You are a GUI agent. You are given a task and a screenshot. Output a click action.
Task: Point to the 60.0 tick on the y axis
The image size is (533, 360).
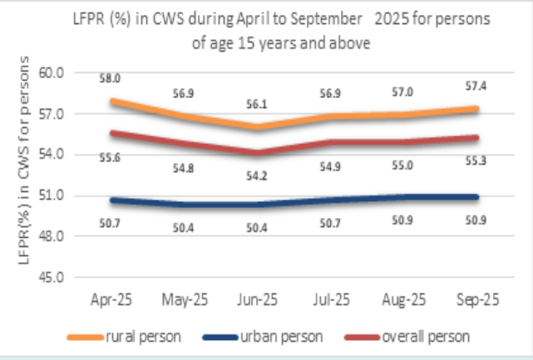[52, 73]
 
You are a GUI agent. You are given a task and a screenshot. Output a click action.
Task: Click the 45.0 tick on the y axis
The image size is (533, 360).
[52, 278]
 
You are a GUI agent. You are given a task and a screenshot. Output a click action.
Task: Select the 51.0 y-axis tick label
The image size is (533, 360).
[52, 196]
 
